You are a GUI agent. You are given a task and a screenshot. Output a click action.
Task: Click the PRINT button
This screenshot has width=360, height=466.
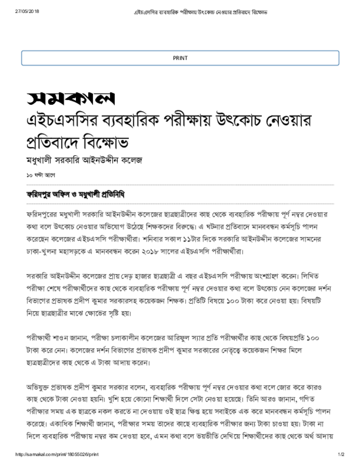point(180,58)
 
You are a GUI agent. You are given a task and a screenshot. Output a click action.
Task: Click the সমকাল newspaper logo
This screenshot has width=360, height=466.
point(71,97)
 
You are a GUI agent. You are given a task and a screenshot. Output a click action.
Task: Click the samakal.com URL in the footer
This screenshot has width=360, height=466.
point(57,454)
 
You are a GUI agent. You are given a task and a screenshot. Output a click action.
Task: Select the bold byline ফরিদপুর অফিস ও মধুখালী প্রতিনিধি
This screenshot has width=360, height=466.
point(76,194)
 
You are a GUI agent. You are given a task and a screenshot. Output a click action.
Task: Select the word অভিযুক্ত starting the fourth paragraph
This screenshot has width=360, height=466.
point(38,387)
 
